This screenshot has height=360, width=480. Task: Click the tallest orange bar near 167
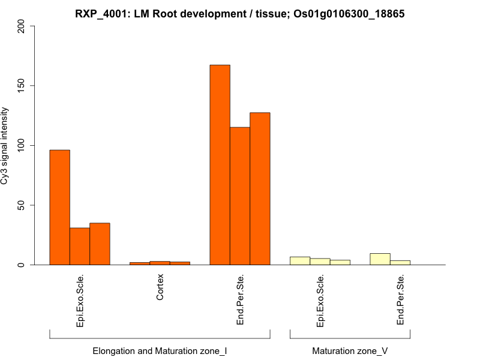click(220, 165)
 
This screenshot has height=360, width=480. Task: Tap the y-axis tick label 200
click(22, 26)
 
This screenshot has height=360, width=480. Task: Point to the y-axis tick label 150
click(22, 86)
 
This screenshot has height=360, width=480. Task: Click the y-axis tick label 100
click(22, 145)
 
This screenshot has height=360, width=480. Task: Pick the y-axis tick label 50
click(22, 205)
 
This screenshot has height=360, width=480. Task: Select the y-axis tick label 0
click(22, 265)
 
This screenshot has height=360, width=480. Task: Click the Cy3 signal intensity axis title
click(5, 146)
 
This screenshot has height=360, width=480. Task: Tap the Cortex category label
click(160, 287)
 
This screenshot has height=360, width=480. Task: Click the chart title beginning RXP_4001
click(239, 13)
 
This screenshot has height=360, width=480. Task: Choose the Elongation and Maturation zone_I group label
click(160, 350)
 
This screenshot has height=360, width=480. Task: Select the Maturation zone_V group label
click(350, 350)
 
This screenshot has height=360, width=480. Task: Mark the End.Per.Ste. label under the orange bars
click(240, 300)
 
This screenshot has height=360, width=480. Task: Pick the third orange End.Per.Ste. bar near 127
click(260, 189)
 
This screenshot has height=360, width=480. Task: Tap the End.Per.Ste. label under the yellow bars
click(400, 300)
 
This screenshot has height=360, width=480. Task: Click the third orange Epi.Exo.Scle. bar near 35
click(100, 244)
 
